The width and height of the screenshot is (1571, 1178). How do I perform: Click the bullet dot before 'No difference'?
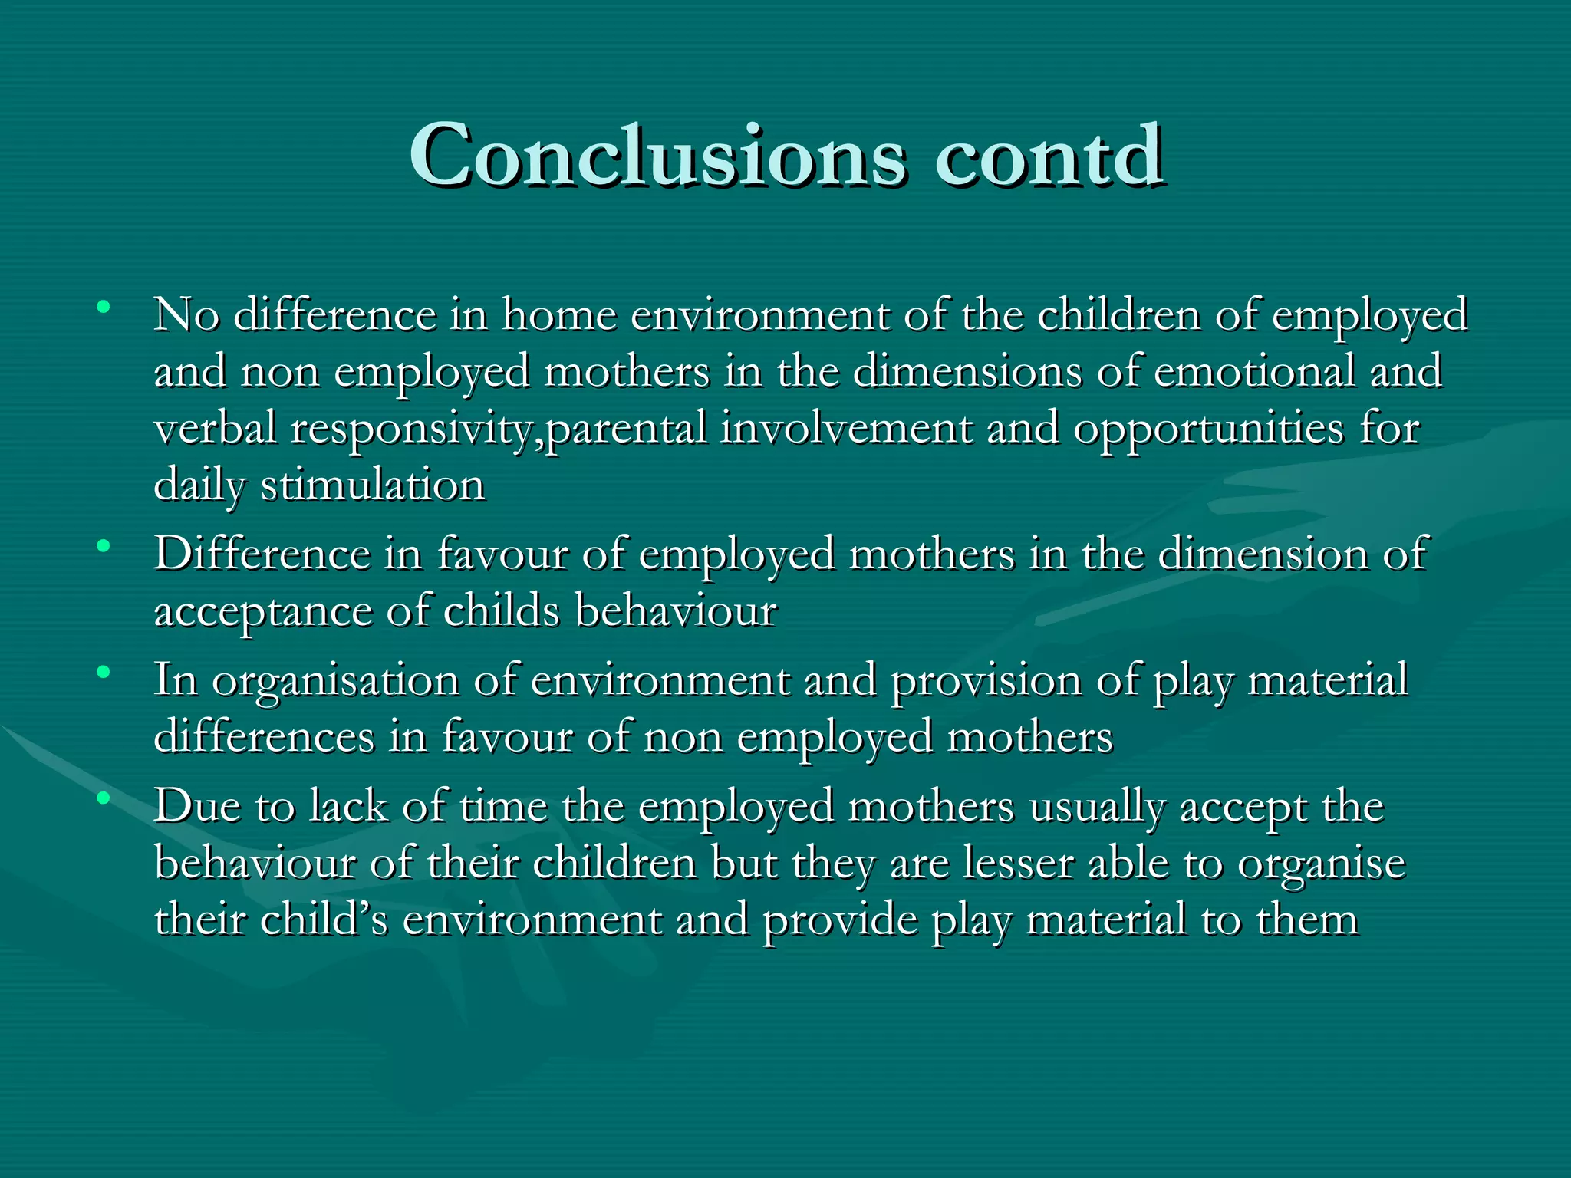click(x=103, y=308)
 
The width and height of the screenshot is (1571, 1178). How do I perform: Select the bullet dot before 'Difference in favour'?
click(x=103, y=547)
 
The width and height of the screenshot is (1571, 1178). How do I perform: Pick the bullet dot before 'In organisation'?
click(x=103, y=673)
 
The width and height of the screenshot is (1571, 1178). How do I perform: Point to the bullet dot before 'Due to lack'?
click(x=103, y=798)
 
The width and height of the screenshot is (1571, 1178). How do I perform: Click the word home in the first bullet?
click(x=559, y=314)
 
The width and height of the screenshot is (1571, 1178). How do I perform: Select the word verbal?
click(x=215, y=428)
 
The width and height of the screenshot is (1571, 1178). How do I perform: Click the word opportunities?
click(x=1208, y=429)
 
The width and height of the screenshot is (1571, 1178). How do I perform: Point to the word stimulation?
click(x=373, y=485)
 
